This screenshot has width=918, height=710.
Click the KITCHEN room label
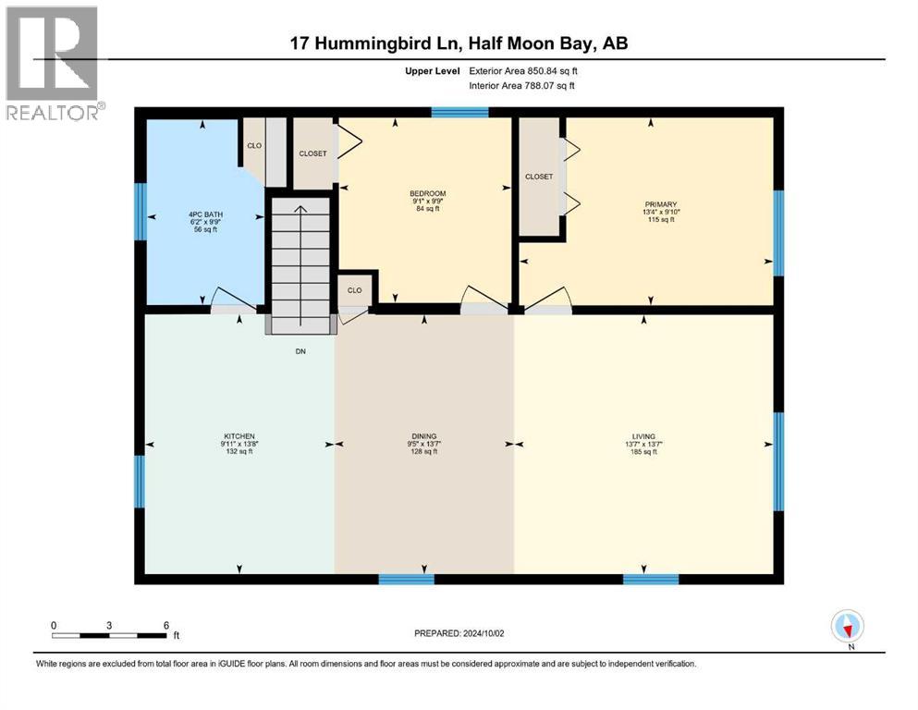pos(239,436)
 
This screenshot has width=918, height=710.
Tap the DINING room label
pos(424,436)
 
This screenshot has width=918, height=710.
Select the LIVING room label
pos(644,436)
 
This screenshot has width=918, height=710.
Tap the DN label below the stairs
pos(300,351)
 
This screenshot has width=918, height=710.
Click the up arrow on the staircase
pos(300,211)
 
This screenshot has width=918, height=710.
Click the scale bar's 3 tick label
pos(109,626)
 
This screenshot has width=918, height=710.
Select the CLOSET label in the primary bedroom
pos(539,177)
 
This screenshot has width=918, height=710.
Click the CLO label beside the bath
pos(254,145)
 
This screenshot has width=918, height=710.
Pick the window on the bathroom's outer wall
pos(140,212)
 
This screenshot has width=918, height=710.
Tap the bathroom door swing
pos(234,299)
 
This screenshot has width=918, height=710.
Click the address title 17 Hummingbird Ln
pos(459,43)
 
